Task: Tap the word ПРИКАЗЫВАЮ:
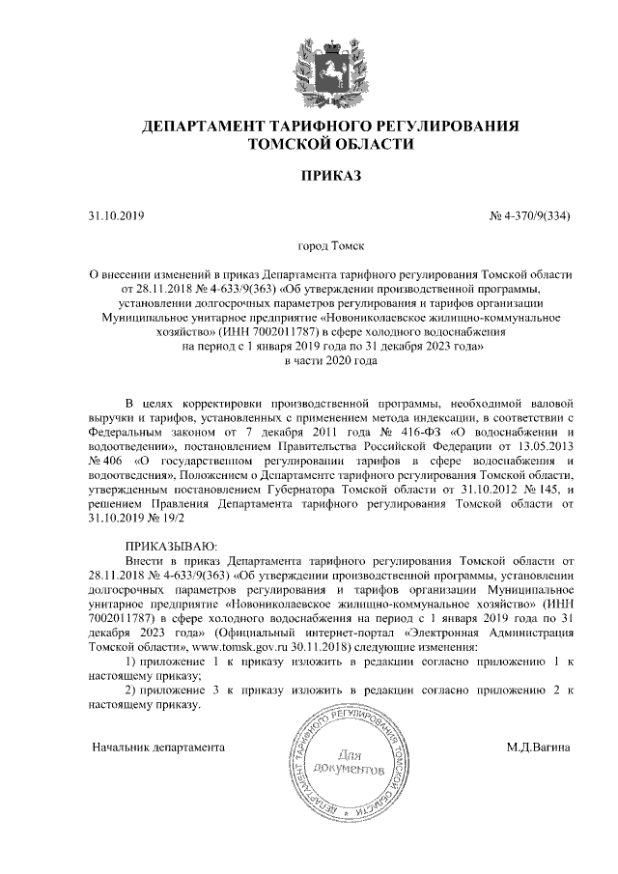tap(173, 546)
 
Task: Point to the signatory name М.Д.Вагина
tap(539, 747)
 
